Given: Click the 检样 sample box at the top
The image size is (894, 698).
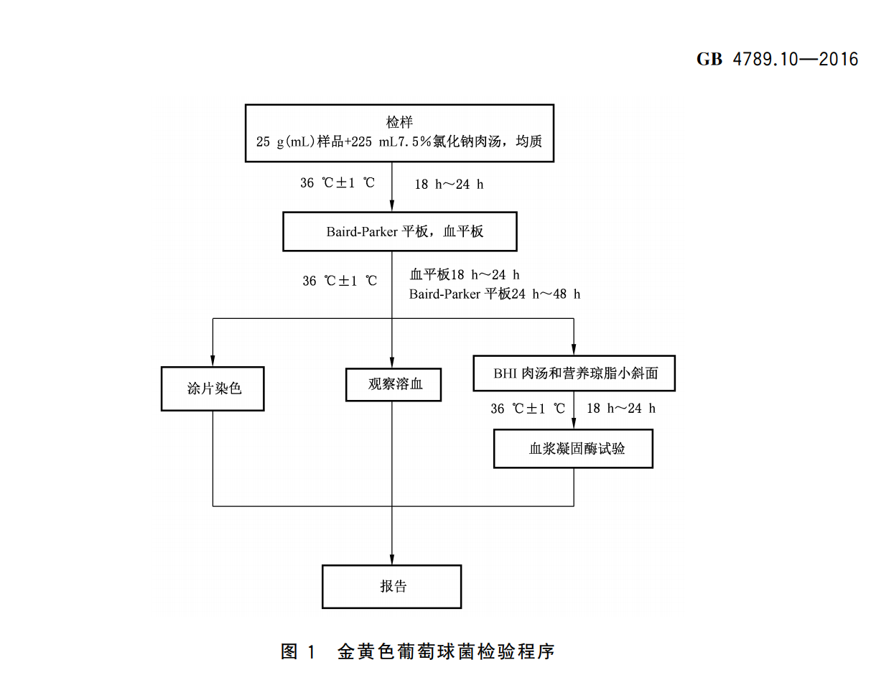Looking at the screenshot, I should pyautogui.click(x=399, y=133).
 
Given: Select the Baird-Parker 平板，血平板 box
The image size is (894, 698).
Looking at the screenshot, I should pyautogui.click(x=399, y=231).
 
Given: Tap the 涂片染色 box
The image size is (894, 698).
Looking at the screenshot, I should pyautogui.click(x=213, y=388).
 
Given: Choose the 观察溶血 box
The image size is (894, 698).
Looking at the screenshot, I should pyautogui.click(x=394, y=384).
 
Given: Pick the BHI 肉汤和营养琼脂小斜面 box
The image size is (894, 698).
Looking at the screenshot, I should pyautogui.click(x=574, y=373).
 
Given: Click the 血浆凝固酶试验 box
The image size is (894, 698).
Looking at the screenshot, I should pyautogui.click(x=573, y=449).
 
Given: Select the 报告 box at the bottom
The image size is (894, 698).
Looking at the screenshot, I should pyautogui.click(x=391, y=587).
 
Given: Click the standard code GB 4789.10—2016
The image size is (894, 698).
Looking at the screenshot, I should pyautogui.click(x=777, y=59).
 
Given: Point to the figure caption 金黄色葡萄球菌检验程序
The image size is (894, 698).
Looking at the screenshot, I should pyautogui.click(x=446, y=651).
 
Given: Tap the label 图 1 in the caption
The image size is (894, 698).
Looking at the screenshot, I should pyautogui.click(x=297, y=651).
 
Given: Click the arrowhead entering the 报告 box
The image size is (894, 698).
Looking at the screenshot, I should pyautogui.click(x=392, y=559).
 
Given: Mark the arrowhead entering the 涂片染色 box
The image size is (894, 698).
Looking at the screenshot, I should pyautogui.click(x=213, y=360).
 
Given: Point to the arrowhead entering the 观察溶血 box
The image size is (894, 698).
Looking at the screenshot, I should pyautogui.click(x=392, y=362).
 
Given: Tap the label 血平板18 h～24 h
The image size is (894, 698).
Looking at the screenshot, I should pyautogui.click(x=465, y=274).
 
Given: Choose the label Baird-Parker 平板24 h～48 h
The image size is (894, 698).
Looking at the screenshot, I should pyautogui.click(x=495, y=294).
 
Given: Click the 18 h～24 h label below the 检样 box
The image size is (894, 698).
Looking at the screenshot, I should pyautogui.click(x=449, y=185).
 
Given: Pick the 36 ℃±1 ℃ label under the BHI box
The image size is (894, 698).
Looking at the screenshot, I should pyautogui.click(x=528, y=409).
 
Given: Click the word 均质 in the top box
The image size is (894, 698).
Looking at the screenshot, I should pyautogui.click(x=529, y=141).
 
